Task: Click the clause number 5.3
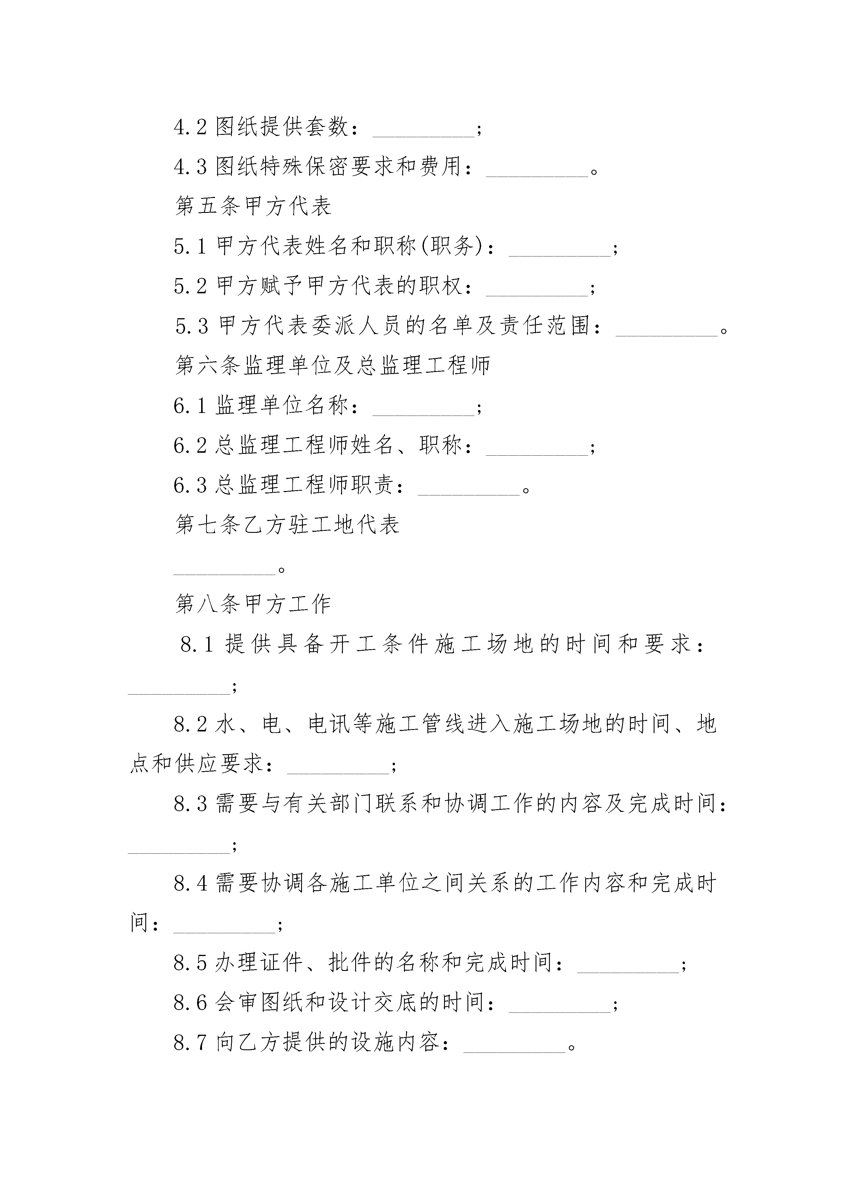tap(192, 326)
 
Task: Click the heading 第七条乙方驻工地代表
tap(287, 524)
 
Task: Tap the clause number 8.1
tap(197, 644)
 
